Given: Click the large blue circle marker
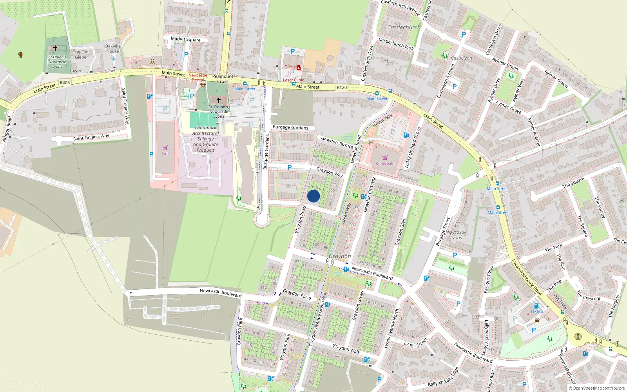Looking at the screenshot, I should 313,196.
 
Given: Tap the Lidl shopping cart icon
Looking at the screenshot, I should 165,148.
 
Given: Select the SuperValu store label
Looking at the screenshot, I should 385,164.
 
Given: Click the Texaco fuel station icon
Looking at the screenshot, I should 537,305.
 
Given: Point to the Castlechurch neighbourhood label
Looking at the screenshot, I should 404,27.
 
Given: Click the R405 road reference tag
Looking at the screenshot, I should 65,83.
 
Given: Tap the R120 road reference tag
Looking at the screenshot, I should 342,87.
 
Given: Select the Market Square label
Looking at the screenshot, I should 185,39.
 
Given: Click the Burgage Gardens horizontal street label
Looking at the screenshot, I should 290,127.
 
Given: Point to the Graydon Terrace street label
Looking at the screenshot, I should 337,142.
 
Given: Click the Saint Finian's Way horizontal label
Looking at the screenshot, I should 91,137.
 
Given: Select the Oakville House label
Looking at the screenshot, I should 112,49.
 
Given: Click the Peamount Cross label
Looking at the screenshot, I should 223,79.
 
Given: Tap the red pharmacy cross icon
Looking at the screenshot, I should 299,68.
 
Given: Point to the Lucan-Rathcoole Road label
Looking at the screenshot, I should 527,277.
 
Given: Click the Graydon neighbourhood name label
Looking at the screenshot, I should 340,256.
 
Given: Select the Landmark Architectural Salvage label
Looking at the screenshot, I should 206,139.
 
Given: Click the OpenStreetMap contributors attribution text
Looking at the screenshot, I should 596,388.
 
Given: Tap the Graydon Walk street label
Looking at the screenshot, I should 346,349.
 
